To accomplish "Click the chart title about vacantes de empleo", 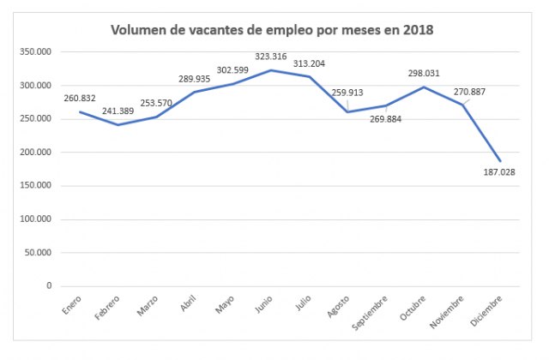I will click(272, 30).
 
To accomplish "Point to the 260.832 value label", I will click(80, 97).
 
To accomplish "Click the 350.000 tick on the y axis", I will click(37, 52).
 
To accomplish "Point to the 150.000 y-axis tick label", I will click(37, 186).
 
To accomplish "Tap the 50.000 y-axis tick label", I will click(39, 253).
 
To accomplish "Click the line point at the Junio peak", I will click(272, 70).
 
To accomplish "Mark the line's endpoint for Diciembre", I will click(500, 161).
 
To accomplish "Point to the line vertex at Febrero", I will click(118, 125).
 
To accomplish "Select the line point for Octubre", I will click(425, 87).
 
